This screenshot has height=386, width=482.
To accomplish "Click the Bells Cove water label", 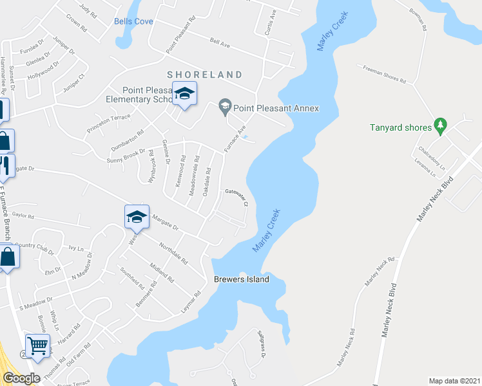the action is coord(133,21).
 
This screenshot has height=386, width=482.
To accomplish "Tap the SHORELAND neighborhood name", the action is coord(205,75).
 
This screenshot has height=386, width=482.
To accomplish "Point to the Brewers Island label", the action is coord(240,280).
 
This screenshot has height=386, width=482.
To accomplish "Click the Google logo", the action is coord(21,378).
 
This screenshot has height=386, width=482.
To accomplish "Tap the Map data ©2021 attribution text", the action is coord(454,381).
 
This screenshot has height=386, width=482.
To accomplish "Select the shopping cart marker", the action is coord(38,346).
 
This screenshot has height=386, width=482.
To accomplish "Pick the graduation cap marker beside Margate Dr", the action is coord(137,217).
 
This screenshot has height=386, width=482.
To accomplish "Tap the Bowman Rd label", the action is coord(417,23).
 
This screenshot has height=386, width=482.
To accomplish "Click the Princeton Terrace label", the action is coord(108,125).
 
